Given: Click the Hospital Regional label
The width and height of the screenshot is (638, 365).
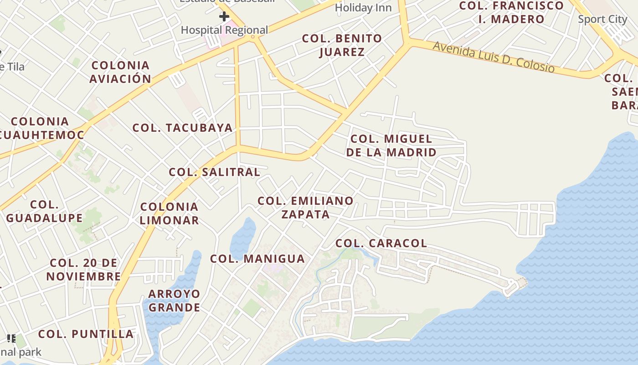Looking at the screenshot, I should [224, 30].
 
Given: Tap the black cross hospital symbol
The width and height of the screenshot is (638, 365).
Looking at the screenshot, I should [224, 17].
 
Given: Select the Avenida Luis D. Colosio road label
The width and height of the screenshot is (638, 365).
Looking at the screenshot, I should [494, 57].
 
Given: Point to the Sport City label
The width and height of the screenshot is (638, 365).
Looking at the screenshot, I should [602, 19].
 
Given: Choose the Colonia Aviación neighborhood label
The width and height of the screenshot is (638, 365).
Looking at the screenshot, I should [120, 72].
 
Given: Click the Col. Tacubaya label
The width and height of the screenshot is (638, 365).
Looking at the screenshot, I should [182, 128].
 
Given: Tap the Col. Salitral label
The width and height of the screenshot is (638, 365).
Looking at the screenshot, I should [214, 172].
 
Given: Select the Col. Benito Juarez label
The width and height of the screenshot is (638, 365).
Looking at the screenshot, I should [342, 45].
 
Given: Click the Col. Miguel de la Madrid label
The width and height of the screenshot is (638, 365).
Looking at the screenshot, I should [391, 146].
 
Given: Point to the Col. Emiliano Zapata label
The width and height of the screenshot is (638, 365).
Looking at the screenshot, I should [305, 207].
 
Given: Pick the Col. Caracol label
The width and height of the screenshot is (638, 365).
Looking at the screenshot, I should [381, 243].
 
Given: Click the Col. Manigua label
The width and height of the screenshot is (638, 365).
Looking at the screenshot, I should [257, 259].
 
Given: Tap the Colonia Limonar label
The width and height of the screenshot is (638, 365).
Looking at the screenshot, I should [169, 214].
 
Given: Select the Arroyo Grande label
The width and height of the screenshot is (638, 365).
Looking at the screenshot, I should [174, 300].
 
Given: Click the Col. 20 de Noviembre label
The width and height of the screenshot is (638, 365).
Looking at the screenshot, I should [83, 270].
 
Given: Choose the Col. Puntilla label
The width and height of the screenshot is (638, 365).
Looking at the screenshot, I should [86, 334].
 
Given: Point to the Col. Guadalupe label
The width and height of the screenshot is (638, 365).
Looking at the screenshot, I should [44, 211].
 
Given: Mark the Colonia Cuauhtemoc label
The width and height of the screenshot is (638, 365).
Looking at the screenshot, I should [41, 128].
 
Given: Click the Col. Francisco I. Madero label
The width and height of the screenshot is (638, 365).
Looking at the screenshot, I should [511, 12].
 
